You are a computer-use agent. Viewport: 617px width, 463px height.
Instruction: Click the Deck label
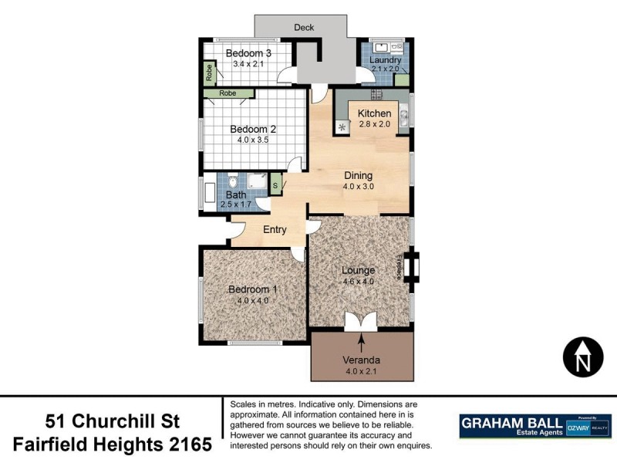(x=304, y=28)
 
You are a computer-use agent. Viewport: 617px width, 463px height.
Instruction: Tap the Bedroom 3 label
(x=248, y=53)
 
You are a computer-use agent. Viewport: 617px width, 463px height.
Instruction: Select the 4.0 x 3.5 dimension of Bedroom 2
(x=252, y=140)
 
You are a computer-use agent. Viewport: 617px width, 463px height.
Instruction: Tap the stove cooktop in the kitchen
(x=376, y=94)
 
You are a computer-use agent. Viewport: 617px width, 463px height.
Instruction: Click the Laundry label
(x=385, y=60)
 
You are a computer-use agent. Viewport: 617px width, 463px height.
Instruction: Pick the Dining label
(x=358, y=175)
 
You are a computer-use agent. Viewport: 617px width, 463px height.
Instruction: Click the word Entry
(x=275, y=229)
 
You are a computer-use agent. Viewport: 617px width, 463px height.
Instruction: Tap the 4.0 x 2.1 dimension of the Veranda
(x=361, y=371)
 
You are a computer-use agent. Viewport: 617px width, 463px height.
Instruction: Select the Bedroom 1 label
(x=252, y=289)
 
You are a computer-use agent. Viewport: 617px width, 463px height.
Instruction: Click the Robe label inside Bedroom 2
(x=228, y=93)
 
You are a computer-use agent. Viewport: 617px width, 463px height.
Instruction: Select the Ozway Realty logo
(x=589, y=426)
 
